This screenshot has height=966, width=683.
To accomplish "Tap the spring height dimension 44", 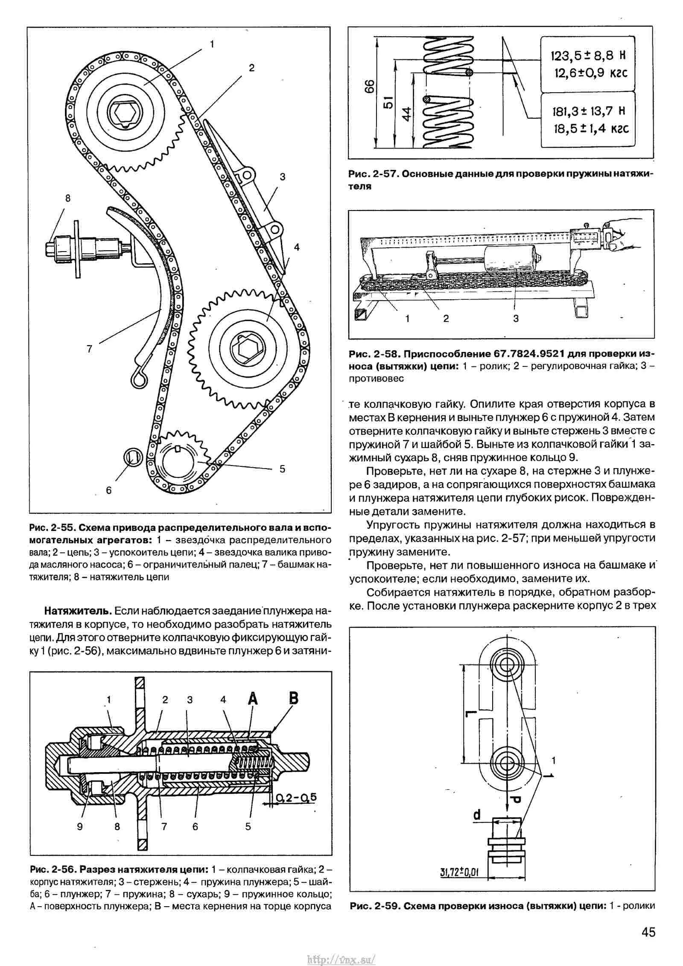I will (x=408, y=114).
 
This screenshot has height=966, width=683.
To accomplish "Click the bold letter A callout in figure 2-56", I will (x=253, y=699).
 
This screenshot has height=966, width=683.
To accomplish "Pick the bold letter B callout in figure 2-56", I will (x=293, y=698).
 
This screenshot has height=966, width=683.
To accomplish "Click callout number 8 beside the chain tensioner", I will (x=67, y=198).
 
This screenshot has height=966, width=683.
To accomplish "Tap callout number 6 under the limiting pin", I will (x=108, y=490).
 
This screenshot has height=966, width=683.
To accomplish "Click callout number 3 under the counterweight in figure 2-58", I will (x=516, y=318).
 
